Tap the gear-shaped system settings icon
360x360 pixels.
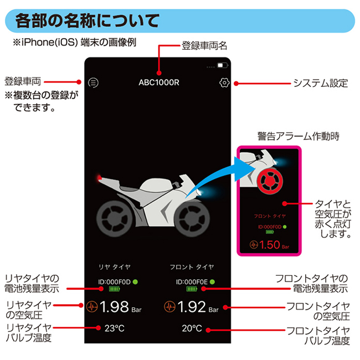pos(224,83)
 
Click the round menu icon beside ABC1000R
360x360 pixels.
pos(93,83)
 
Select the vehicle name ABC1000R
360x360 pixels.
pos(159,83)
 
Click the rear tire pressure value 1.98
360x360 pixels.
pos(114,307)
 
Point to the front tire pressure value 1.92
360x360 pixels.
pos(192,307)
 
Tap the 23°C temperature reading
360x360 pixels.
pos(114,328)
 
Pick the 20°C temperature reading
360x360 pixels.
pos(192,328)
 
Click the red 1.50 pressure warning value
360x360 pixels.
pos(270,245)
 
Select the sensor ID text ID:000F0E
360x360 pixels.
pos(192,282)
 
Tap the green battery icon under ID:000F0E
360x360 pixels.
pos(192,289)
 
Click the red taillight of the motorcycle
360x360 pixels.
pos(99,178)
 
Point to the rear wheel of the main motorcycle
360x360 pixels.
pos(114,218)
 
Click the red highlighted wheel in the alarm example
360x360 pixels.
pos(270,181)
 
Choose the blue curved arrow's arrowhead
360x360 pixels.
pos(244,169)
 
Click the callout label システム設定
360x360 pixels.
pos(321,83)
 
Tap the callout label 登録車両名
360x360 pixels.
pos(204,45)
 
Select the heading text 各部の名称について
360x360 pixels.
pos(87,20)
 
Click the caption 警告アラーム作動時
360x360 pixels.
pos(298,136)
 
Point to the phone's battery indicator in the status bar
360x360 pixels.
pos(222,65)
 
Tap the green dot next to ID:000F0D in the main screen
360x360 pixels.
pos(135,282)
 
